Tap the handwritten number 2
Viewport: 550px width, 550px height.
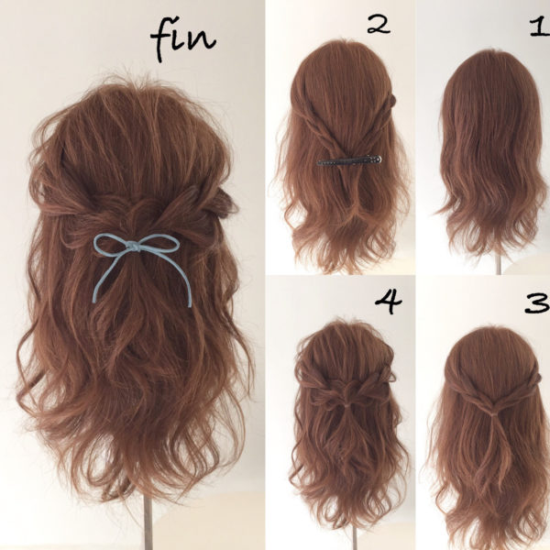(379, 26)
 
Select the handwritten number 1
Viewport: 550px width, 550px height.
(540, 27)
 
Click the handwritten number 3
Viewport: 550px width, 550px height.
(537, 302)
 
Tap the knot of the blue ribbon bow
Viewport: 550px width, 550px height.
(135, 247)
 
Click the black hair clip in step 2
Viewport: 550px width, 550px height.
(349, 160)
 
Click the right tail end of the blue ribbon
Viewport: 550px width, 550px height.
(190, 303)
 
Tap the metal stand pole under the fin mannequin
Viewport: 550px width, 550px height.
(148, 522)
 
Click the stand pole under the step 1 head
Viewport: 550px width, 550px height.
(499, 265)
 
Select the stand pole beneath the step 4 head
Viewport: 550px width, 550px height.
(355, 538)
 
